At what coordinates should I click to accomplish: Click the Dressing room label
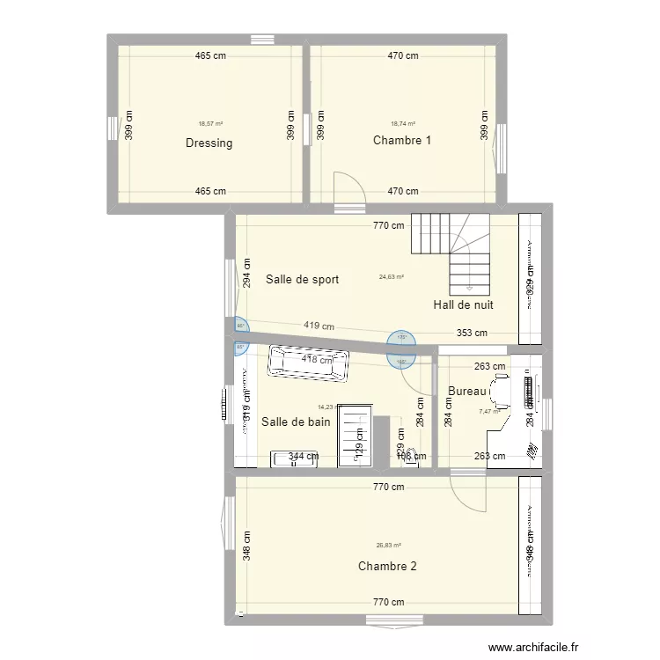[209, 143]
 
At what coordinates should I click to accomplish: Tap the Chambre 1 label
[402, 141]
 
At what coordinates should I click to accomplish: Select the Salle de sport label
[302, 280]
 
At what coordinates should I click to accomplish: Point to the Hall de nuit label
[463, 305]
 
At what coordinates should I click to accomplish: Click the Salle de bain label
[296, 422]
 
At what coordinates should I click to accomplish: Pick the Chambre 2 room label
[387, 566]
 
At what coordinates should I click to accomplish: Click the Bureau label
[467, 392]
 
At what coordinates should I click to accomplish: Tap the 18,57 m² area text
[210, 124]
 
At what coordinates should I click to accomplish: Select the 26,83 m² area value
[389, 546]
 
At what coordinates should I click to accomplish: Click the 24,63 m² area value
[391, 277]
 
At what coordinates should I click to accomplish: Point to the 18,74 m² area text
[403, 124]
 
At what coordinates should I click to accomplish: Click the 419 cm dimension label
[319, 326]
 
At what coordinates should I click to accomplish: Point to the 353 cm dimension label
[472, 334]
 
